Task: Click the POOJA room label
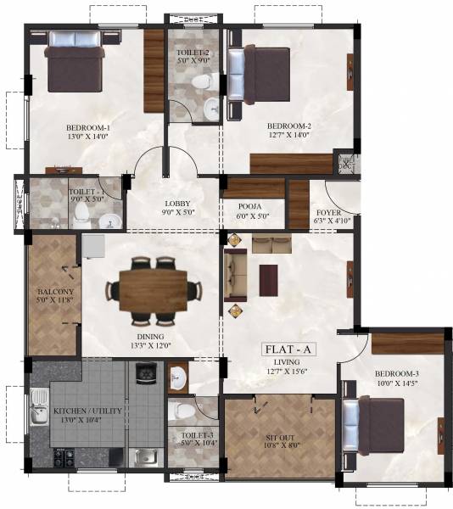pos(249,205)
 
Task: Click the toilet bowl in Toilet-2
pos(201,82)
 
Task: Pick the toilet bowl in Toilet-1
pos(81,212)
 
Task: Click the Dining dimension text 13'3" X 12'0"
pos(150,345)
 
